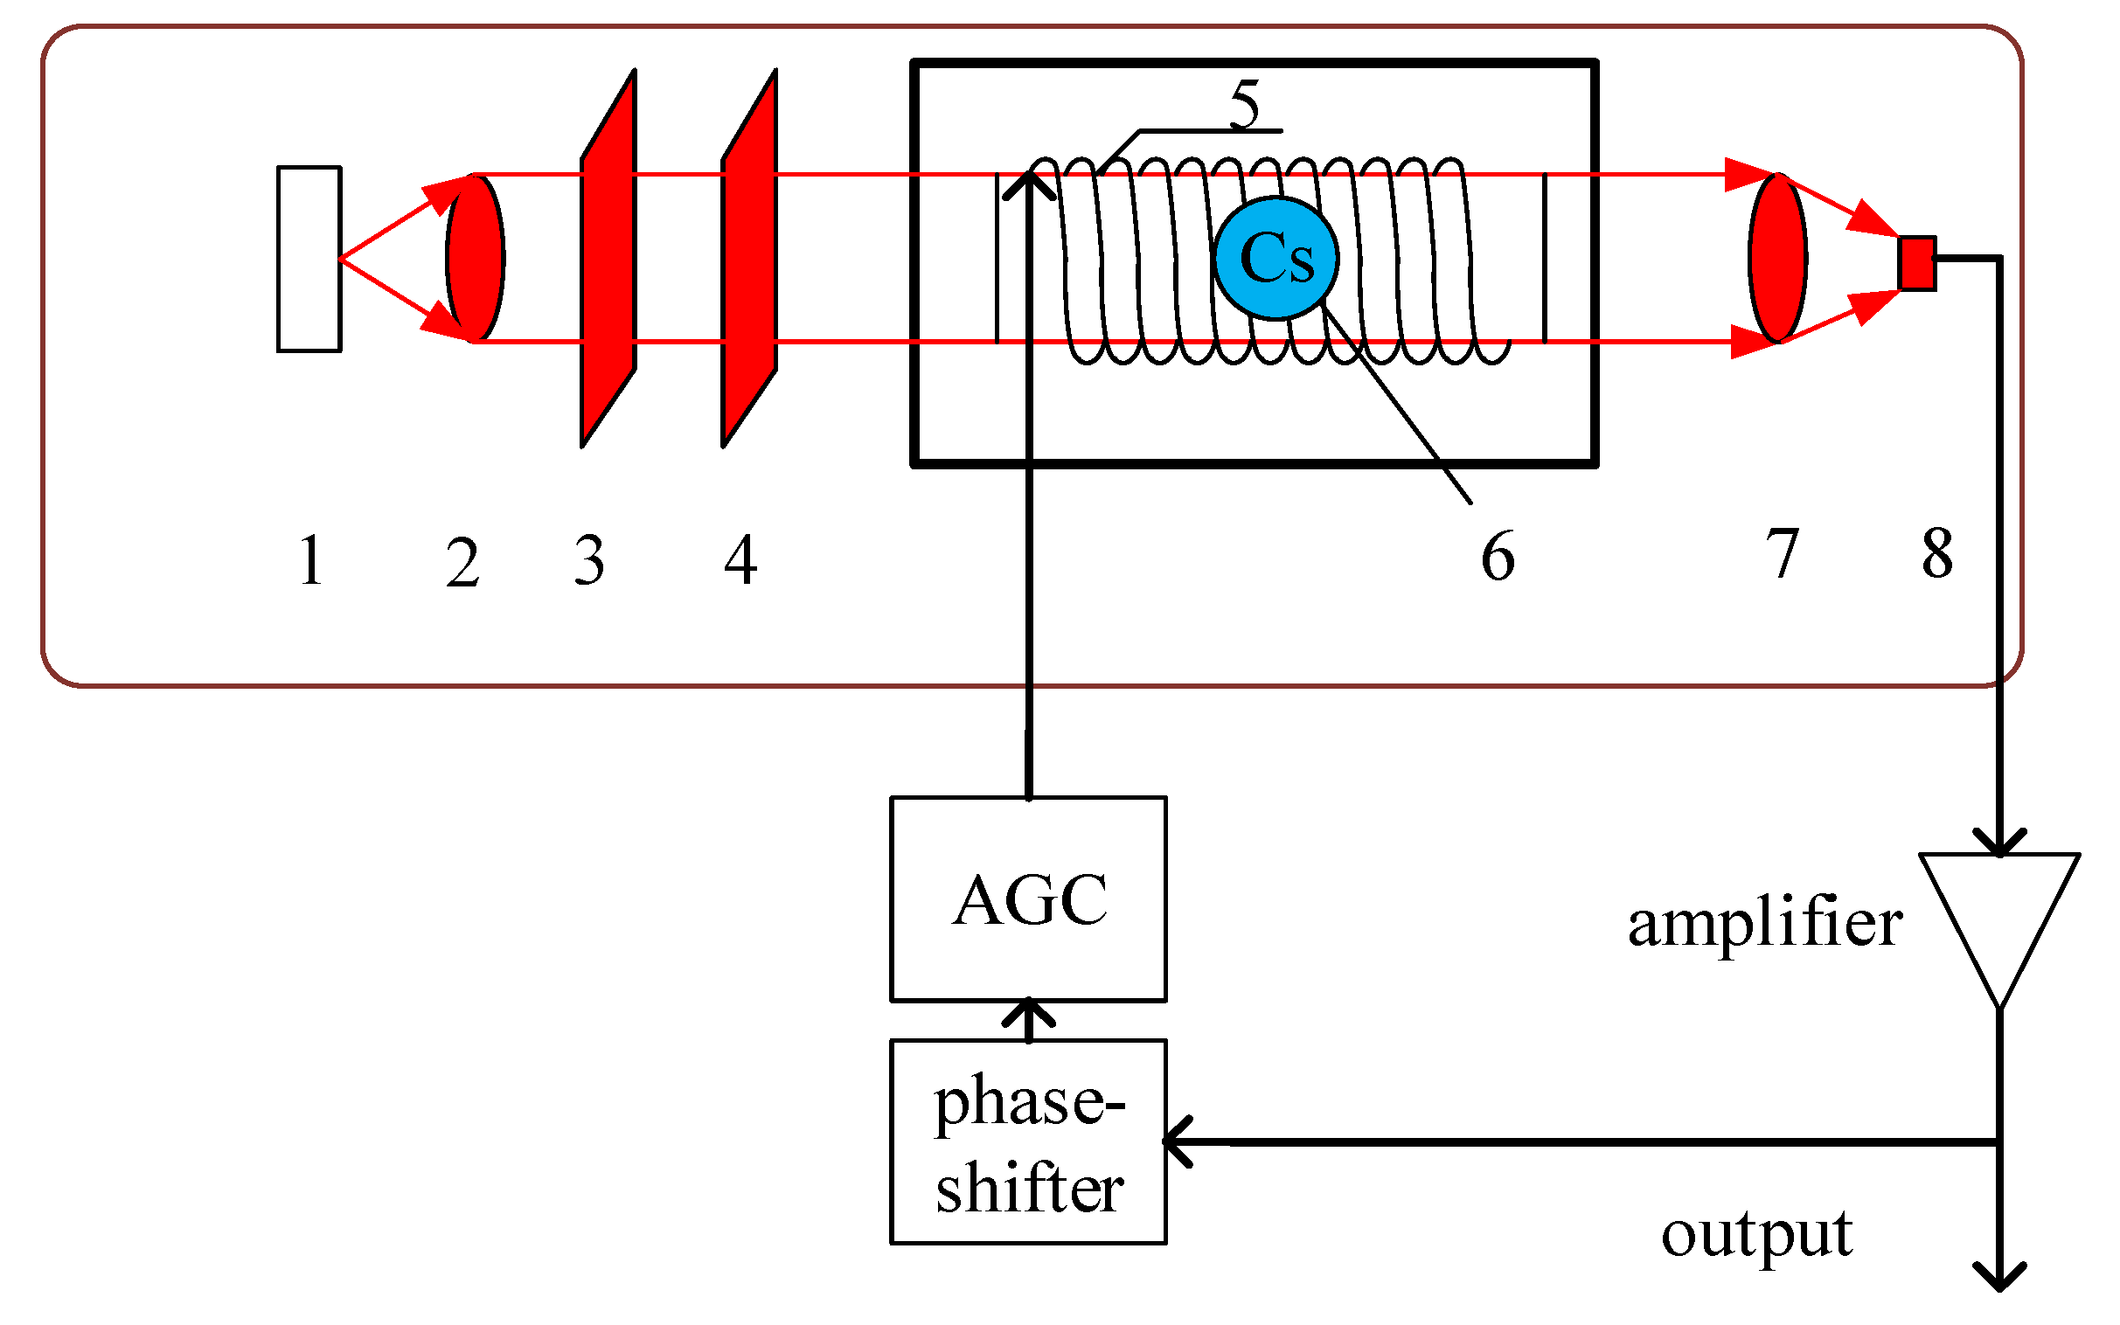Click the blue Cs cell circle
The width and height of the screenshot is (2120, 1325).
(x=1275, y=258)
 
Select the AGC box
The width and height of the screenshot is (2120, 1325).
(x=1027, y=899)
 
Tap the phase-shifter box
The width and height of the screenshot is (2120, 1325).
(x=1027, y=1141)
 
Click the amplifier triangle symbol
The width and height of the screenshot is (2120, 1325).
(x=1998, y=920)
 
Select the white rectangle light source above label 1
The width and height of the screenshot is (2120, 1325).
(x=309, y=259)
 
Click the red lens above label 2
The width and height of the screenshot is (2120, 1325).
(x=475, y=258)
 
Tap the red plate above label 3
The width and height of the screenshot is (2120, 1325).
(x=608, y=258)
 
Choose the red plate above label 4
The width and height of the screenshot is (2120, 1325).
(x=749, y=258)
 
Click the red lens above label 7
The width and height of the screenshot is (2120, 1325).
(x=1776, y=258)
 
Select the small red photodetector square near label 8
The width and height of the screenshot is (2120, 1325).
(x=1915, y=262)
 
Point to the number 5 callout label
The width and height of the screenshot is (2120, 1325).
(x=1245, y=103)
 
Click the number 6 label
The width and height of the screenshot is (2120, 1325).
(x=1497, y=556)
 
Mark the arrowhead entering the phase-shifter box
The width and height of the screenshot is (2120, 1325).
(x=1176, y=1141)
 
